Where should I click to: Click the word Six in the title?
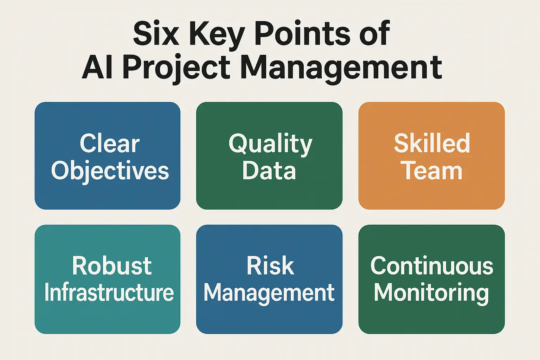pos(156,33)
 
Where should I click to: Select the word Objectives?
pos(110,172)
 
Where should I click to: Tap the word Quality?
pos(270,145)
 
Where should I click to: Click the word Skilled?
pos(432,143)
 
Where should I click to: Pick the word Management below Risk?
pos(269,294)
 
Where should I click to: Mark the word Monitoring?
pos(431,294)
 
